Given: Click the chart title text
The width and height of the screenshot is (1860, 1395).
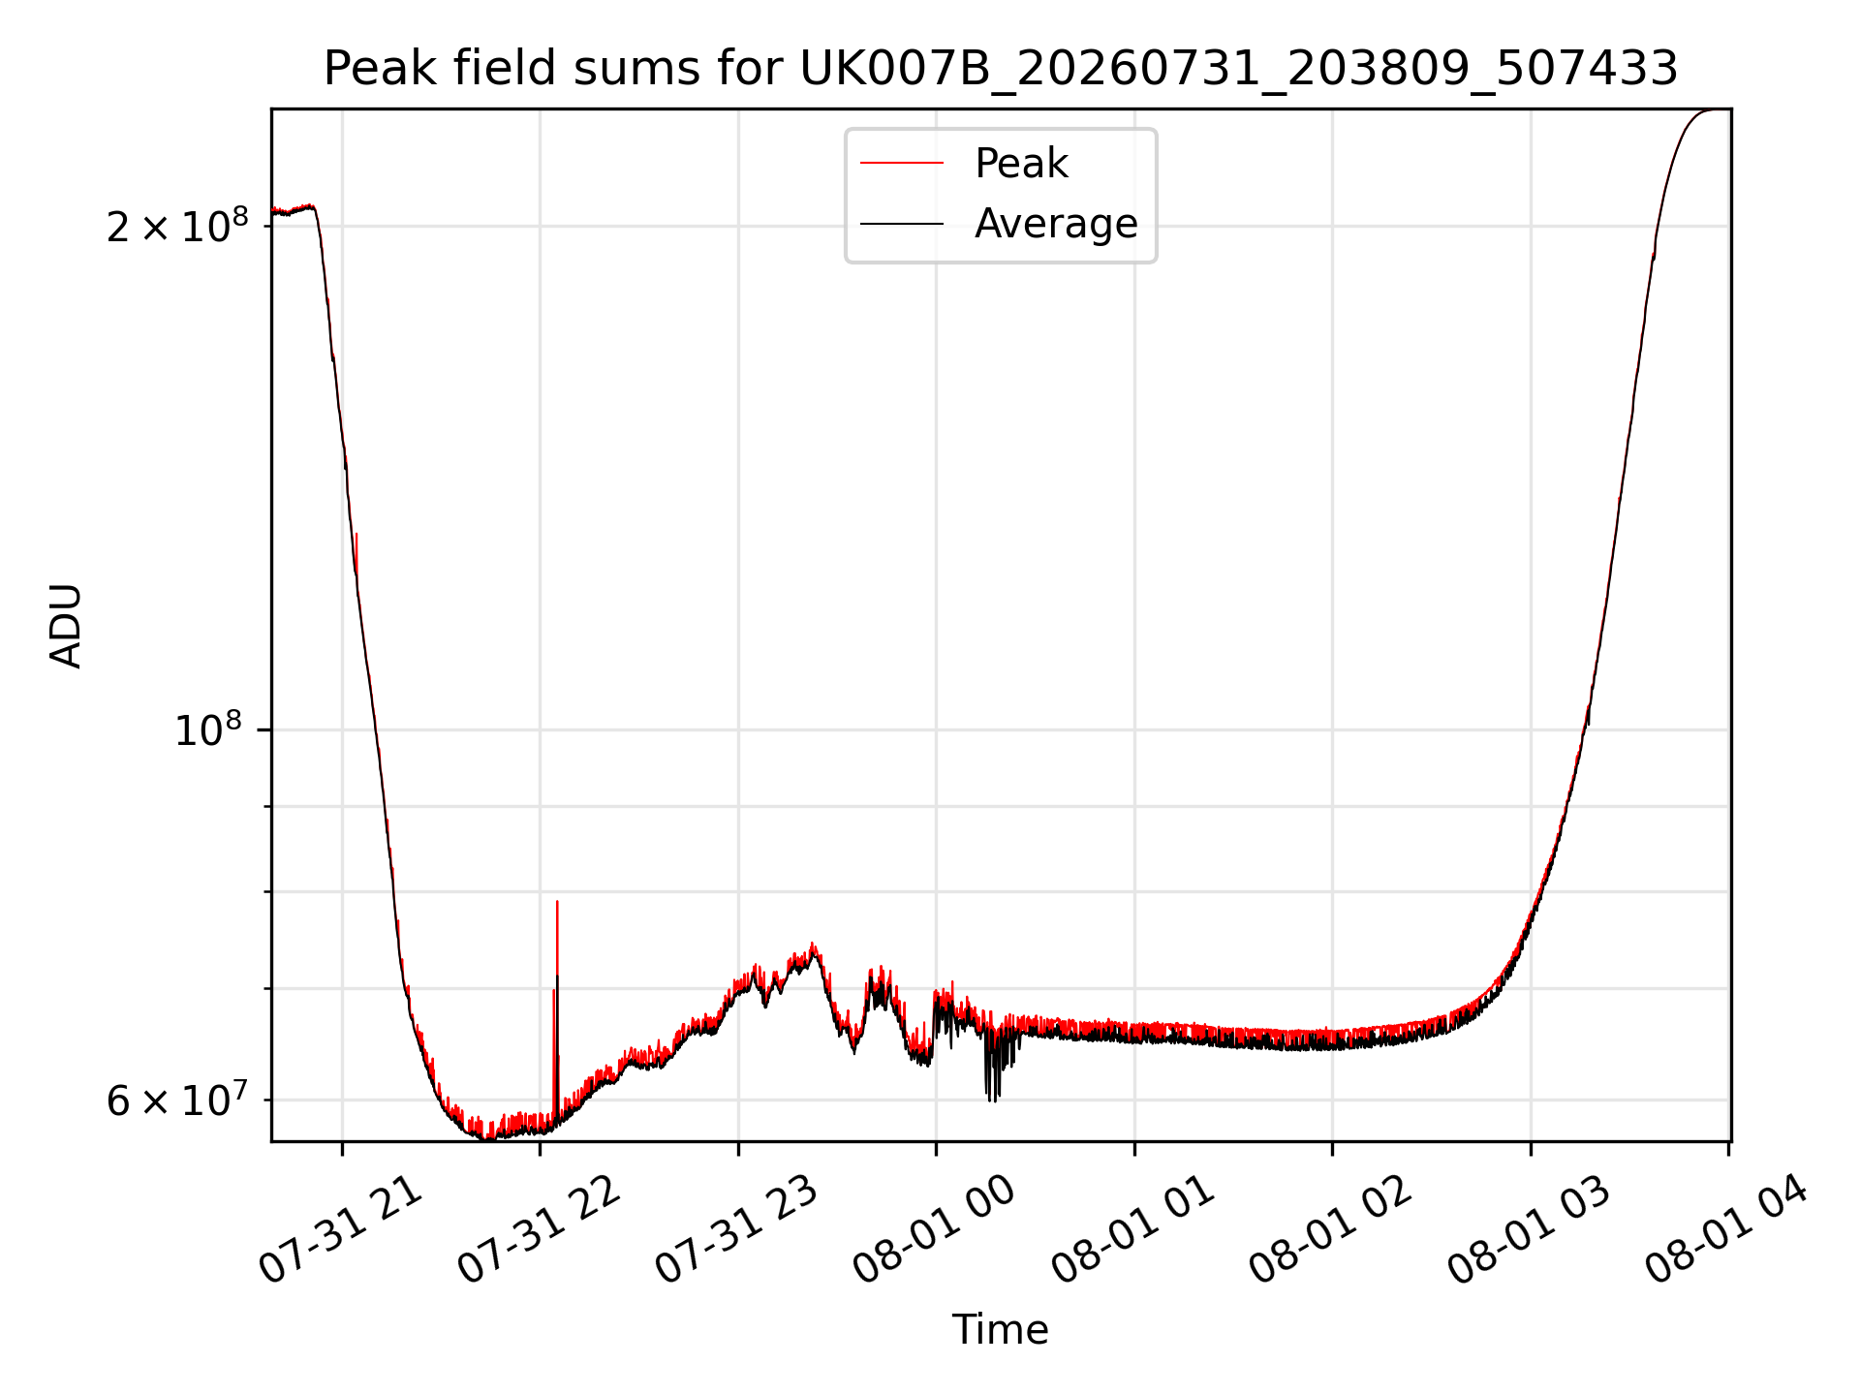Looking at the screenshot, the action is (x=1001, y=69).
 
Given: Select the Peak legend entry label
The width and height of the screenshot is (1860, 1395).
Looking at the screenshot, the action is (x=1021, y=164).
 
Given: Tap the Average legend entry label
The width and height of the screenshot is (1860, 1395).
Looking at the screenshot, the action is (x=1056, y=224).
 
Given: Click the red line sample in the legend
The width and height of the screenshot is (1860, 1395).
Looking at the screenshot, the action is (x=902, y=164).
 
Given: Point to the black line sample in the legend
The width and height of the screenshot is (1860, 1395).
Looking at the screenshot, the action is (x=902, y=224).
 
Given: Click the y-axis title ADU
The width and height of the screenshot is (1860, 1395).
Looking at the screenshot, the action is (x=66, y=626).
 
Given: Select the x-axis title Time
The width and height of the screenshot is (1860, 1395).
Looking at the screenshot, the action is (x=1001, y=1330).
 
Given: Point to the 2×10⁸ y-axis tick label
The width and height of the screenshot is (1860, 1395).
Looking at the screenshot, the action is (x=177, y=227).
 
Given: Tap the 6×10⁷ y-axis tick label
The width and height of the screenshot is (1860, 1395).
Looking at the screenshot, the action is (x=177, y=1100).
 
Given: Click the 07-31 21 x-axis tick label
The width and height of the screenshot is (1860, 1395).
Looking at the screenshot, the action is (x=342, y=1228).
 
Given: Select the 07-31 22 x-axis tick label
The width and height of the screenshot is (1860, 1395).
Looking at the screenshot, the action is (x=540, y=1228).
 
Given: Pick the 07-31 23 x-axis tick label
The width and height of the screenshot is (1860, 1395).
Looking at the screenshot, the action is (x=738, y=1228).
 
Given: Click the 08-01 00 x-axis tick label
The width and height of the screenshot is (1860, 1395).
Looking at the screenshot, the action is (x=936, y=1228).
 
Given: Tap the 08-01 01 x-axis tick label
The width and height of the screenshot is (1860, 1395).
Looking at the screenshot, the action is (x=1134, y=1228).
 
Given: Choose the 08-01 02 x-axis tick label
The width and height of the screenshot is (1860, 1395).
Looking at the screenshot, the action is (x=1332, y=1228).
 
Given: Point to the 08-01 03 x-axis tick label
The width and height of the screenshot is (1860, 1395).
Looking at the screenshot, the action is (x=1531, y=1228).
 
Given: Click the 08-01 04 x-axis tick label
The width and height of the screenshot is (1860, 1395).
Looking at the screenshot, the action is (x=1728, y=1228).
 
